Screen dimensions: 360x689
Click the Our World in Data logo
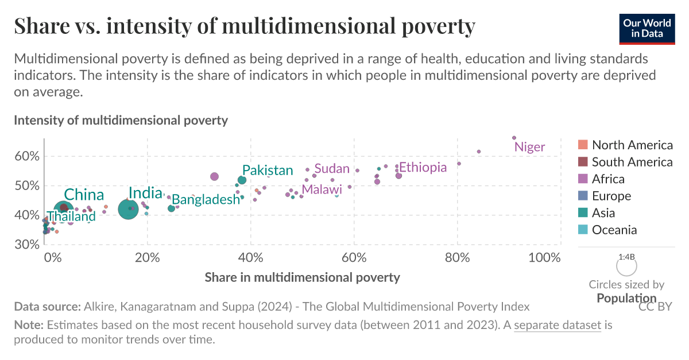[x=647, y=28]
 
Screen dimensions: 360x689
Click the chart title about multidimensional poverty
[x=245, y=26]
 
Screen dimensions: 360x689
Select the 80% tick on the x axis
[x=458, y=257]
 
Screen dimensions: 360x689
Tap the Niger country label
[x=529, y=147]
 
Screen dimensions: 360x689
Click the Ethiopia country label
[x=423, y=167]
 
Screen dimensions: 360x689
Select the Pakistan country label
[x=268, y=170]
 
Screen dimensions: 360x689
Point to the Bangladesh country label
[x=206, y=200]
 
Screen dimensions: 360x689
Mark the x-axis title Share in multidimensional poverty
[x=302, y=277]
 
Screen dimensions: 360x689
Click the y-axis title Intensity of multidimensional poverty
[x=121, y=121]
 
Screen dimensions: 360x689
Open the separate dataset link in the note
[x=557, y=326]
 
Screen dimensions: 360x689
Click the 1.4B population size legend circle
[x=626, y=266]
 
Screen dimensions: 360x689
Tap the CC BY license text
[x=655, y=307]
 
